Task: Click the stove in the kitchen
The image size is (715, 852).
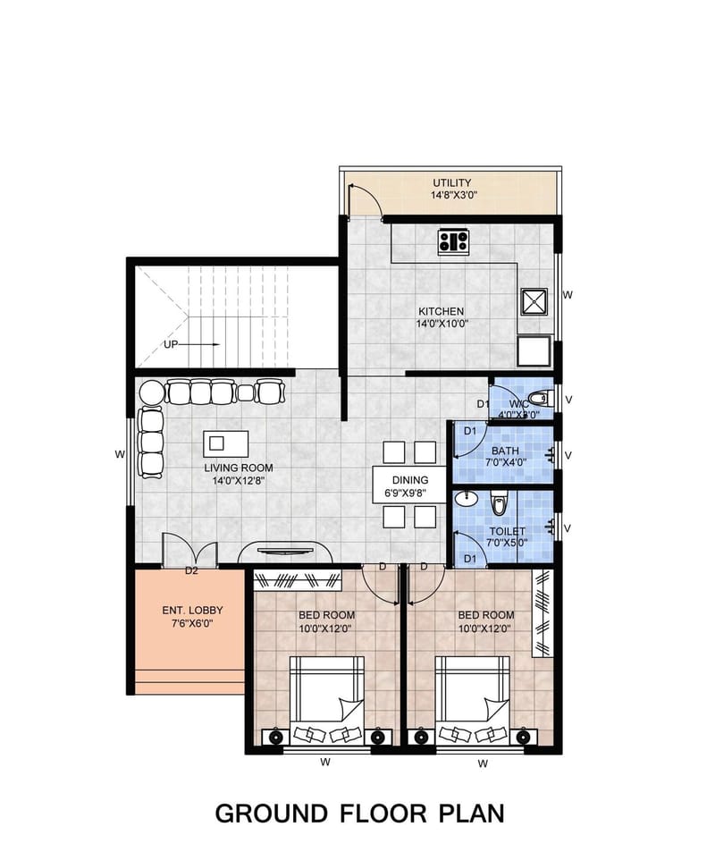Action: pyautogui.click(x=453, y=240)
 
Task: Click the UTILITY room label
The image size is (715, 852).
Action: pyautogui.click(x=452, y=183)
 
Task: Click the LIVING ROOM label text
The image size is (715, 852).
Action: pyautogui.click(x=238, y=468)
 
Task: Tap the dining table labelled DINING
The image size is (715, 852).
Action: pyautogui.click(x=408, y=485)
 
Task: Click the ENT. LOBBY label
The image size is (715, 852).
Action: pyautogui.click(x=192, y=611)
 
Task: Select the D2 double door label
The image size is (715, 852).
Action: pyautogui.click(x=190, y=570)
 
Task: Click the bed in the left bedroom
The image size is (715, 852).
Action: pyautogui.click(x=327, y=693)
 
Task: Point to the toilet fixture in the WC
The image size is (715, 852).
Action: pyautogui.click(x=538, y=398)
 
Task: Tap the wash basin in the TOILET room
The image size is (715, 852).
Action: pyautogui.click(x=472, y=499)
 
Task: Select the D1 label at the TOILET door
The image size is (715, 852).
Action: pyautogui.click(x=470, y=559)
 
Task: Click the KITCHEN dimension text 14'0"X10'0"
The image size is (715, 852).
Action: pyautogui.click(x=442, y=324)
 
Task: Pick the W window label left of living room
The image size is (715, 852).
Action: pyautogui.click(x=119, y=454)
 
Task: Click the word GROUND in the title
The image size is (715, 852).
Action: pyautogui.click(x=270, y=814)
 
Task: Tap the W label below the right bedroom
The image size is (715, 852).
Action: pyautogui.click(x=483, y=763)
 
